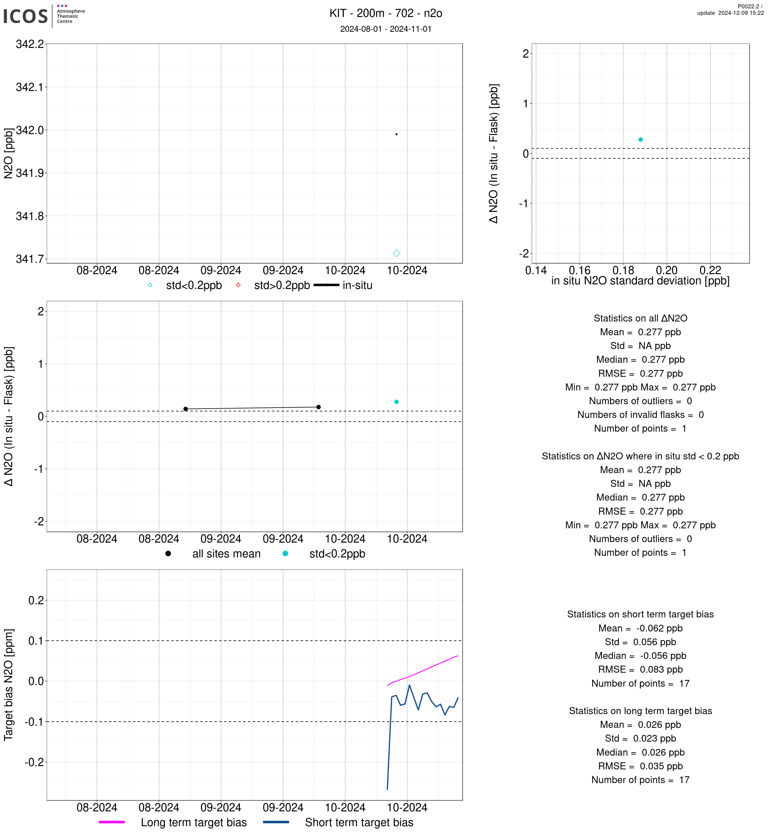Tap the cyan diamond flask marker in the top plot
coord(396,253)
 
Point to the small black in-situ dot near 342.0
coord(396,134)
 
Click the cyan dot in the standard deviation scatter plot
coord(641,139)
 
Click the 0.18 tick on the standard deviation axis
coord(623,271)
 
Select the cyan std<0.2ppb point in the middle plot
coord(396,402)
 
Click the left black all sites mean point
coord(185,409)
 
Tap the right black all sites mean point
coord(318,407)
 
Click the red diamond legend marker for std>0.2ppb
coord(238,285)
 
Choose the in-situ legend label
coord(357,286)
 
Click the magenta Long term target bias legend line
coord(112,822)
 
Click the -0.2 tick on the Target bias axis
coord(34,762)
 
